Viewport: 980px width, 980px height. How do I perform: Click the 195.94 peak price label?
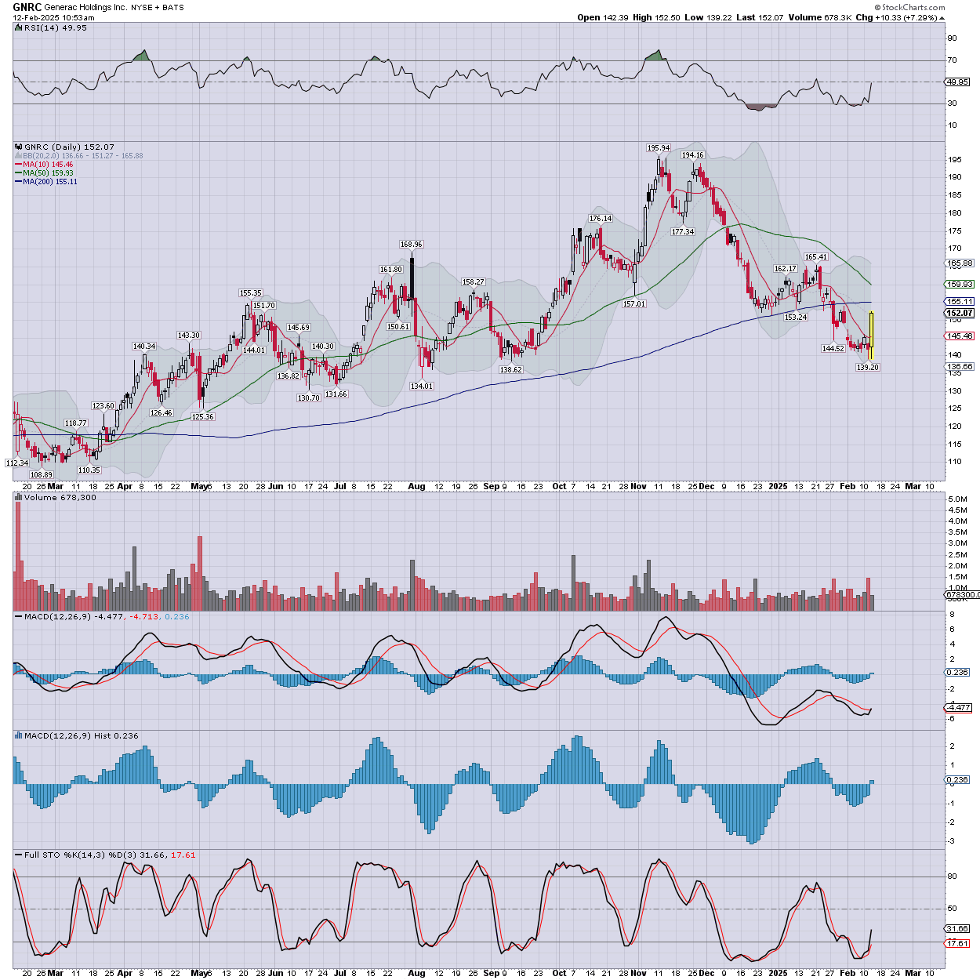659,147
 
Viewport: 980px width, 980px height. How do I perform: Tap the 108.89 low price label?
42,475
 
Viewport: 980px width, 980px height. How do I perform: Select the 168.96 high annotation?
411,245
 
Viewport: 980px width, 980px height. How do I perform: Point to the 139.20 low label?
867,367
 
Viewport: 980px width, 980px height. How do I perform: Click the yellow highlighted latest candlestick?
871,336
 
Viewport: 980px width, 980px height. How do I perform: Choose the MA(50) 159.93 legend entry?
48,173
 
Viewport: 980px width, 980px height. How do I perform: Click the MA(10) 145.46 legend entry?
48,165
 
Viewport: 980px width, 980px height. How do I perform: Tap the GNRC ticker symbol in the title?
27,7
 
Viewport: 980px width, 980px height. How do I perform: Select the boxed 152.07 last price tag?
960,313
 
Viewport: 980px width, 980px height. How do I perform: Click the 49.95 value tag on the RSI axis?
957,82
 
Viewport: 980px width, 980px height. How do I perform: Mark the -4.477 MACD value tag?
959,707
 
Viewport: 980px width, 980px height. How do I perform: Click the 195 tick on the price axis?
954,160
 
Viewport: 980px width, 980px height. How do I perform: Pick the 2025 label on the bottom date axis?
777,486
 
